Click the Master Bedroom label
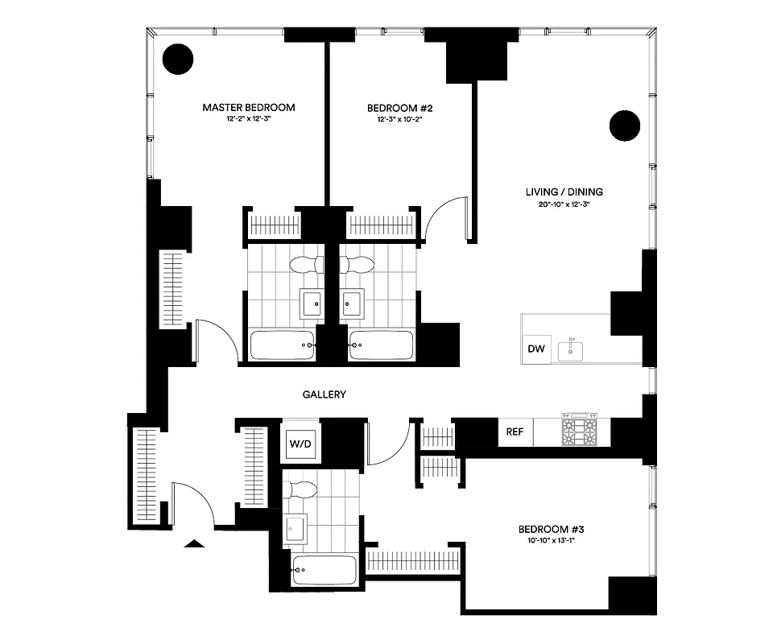(248, 107)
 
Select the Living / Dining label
(564, 192)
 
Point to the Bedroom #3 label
(551, 529)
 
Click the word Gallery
(324, 394)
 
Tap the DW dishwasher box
(536, 349)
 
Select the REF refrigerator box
(515, 431)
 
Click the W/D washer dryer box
(299, 441)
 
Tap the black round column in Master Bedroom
(178, 59)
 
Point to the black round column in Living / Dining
(624, 125)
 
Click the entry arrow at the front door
(193, 543)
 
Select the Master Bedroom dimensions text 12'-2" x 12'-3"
(248, 120)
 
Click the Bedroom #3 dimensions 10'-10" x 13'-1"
(551, 541)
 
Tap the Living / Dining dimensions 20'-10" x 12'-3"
(564, 204)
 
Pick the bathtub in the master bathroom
(282, 345)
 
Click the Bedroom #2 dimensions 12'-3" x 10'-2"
(400, 120)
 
